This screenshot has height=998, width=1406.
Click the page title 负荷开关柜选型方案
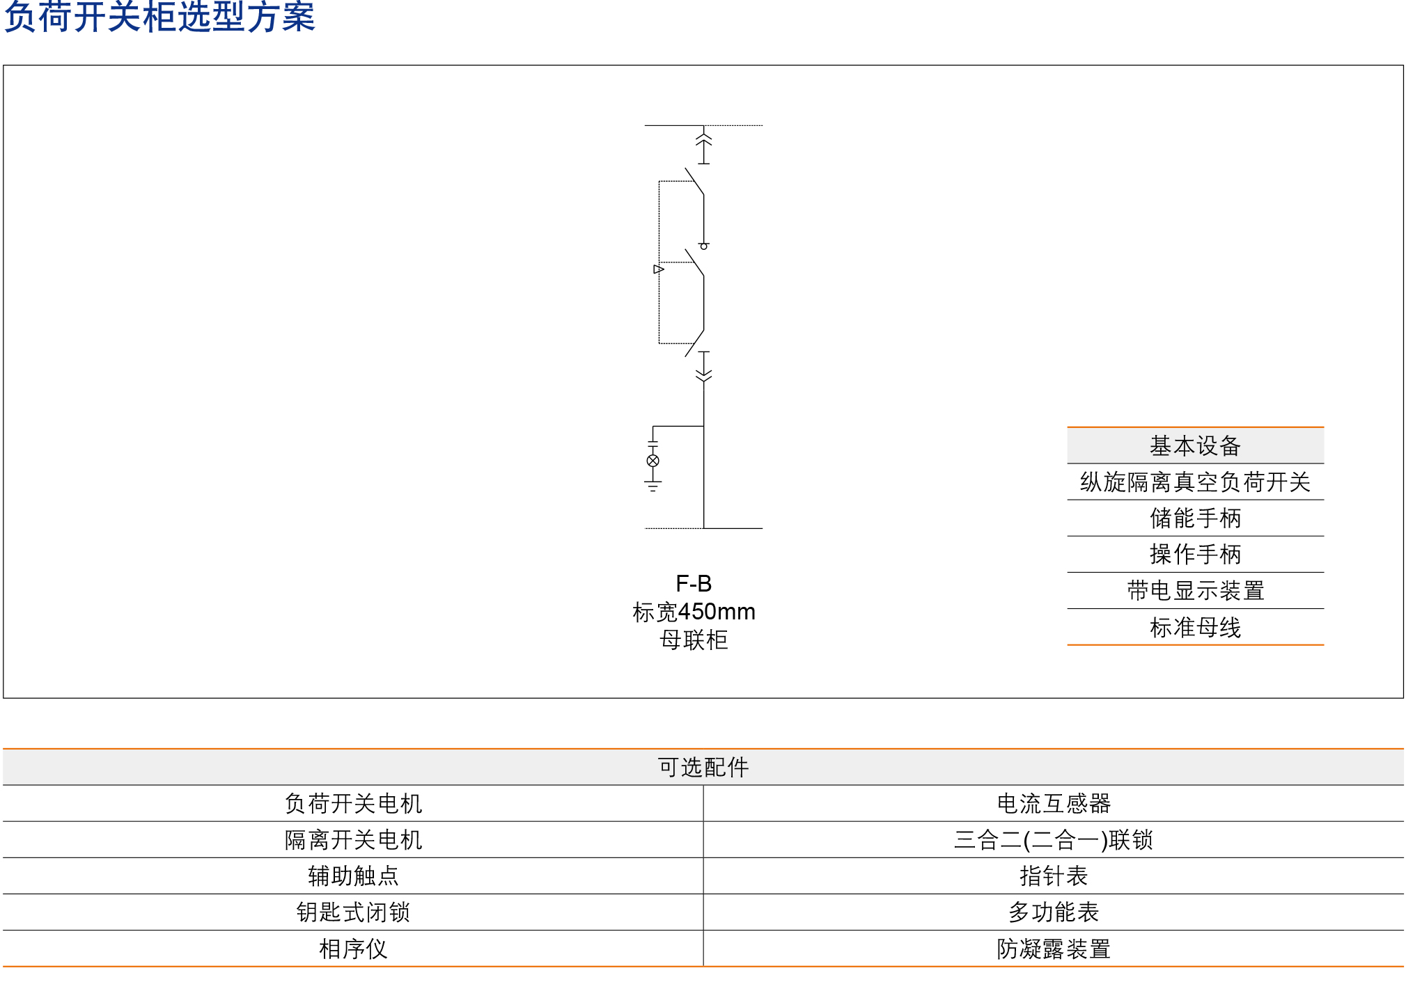(159, 17)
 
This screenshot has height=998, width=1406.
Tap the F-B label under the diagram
(694, 583)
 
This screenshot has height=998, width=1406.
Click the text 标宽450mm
(694, 612)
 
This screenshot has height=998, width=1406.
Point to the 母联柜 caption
(694, 640)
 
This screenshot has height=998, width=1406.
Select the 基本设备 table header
(1195, 446)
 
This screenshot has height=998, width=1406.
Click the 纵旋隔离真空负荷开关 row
(1195, 482)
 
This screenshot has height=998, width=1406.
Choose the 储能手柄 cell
(1195, 518)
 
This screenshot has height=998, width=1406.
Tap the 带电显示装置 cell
(1195, 591)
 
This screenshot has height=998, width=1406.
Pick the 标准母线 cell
(1195, 628)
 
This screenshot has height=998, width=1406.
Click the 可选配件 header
(703, 768)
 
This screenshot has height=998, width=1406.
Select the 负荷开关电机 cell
(353, 804)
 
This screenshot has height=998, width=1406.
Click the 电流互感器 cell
(1054, 804)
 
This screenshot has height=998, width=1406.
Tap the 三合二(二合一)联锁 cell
(1054, 840)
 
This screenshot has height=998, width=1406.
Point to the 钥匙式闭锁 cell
(353, 912)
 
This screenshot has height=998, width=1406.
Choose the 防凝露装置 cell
(1054, 949)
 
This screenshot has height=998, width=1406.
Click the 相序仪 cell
(353, 949)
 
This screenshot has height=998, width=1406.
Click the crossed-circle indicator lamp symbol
(653, 461)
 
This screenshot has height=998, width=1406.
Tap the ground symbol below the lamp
(653, 485)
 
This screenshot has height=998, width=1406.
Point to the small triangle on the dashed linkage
(658, 269)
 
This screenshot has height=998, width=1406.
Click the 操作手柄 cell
(1195, 555)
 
